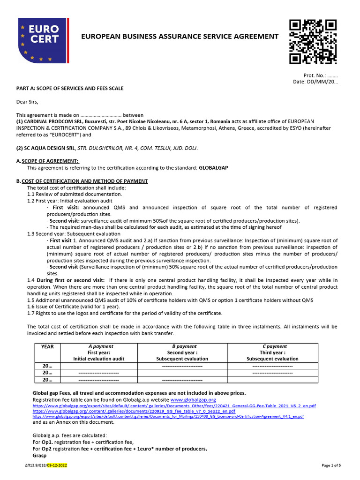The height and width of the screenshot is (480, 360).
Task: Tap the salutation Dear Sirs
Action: [27, 102]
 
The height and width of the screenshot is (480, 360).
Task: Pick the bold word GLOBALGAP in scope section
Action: [213, 167]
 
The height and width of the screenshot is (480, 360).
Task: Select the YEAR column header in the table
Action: [48, 346]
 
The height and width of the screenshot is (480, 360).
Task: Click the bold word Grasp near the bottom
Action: [40, 455]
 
